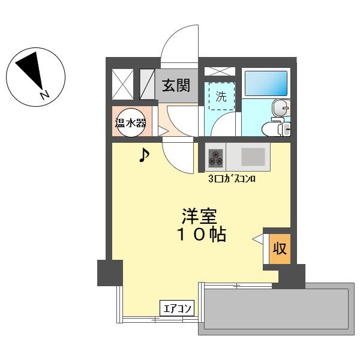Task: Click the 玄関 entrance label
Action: point(176,85)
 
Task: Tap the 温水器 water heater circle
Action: point(131,122)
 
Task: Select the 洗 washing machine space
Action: point(221,96)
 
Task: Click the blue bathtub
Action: point(266,83)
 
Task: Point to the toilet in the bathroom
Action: point(276,129)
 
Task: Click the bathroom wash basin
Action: point(281,108)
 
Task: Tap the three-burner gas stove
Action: point(215,158)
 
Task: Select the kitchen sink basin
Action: point(253,157)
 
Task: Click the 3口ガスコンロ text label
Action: point(232,179)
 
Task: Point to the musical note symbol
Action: point(144,155)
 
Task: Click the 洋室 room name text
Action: point(199,216)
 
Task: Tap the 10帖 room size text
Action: point(201,235)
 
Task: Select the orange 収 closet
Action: point(280,249)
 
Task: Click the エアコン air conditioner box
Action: point(177,308)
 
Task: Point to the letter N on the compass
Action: point(45,95)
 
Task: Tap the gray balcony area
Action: point(276,309)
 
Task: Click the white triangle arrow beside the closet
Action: point(257,239)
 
